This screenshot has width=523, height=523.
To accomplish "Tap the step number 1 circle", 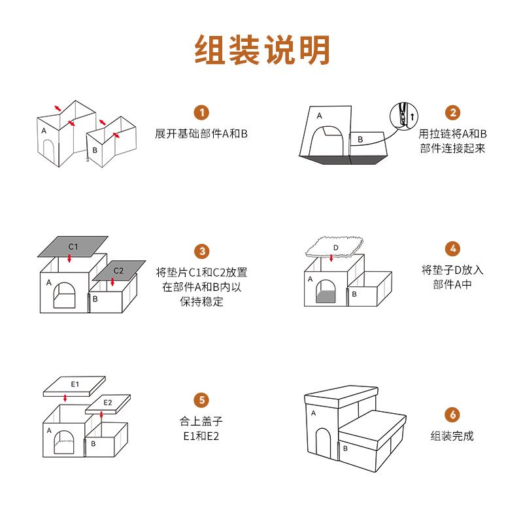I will (202, 112).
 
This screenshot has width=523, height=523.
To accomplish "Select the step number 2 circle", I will (453, 112).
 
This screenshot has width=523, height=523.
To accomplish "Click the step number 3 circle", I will (202, 251).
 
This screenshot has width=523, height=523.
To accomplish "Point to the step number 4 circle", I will (453, 249).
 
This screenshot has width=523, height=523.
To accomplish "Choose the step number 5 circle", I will (202, 399).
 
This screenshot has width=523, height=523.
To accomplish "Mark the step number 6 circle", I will (453, 414).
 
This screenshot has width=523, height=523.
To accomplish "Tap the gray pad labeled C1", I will (73, 246).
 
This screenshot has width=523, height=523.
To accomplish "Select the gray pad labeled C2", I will (118, 270).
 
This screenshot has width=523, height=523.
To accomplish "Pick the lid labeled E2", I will (108, 403).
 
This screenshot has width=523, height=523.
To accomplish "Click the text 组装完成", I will (452, 435).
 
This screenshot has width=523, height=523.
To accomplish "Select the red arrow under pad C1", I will (69, 259).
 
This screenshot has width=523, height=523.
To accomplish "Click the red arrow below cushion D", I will (332, 259).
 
